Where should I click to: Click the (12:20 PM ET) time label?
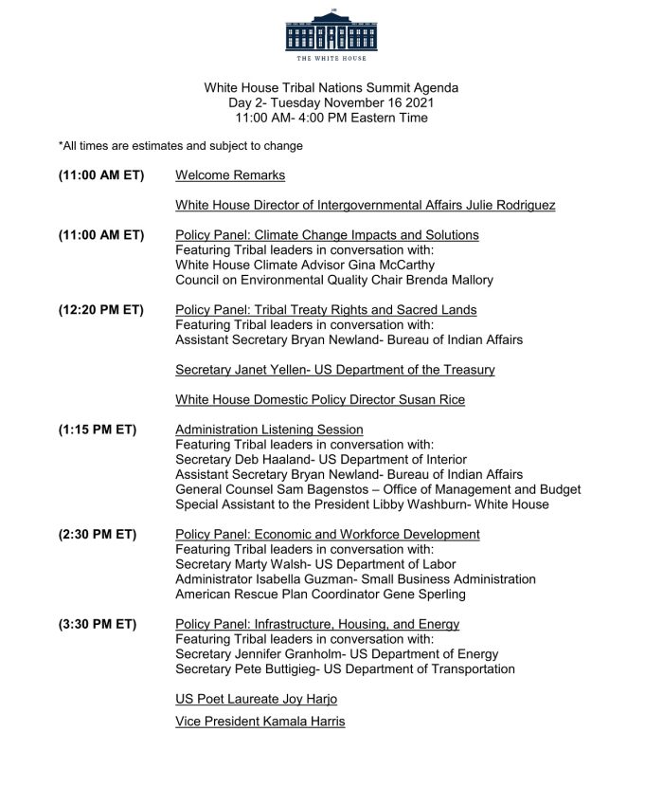coord(101,310)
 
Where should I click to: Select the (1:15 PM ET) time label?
coord(98,430)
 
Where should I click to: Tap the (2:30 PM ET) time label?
coord(98,535)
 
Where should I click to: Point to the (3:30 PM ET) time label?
coord(98,624)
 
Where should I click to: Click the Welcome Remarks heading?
coord(230,175)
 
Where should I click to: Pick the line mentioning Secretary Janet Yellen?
coord(334,370)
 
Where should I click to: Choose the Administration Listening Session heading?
coord(269,430)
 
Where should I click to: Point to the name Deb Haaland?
coord(276,460)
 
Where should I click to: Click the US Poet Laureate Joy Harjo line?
coord(256,700)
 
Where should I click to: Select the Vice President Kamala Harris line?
coord(260,723)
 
